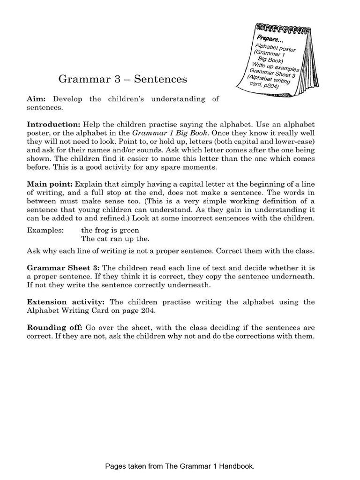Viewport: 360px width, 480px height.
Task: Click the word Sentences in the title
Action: (160, 79)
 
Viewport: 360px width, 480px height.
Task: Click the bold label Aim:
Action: (36, 99)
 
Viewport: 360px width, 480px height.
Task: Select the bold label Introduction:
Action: (53, 125)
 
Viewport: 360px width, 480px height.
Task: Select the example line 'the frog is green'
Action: (110, 230)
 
